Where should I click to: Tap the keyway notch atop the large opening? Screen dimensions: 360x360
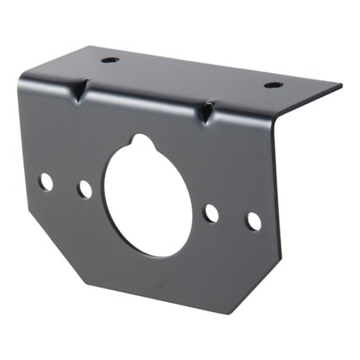coord(143,142)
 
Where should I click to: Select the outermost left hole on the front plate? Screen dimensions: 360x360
coord(46,181)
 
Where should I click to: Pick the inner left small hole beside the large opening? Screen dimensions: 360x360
coord(84,190)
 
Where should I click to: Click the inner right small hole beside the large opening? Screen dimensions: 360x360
coord(212,213)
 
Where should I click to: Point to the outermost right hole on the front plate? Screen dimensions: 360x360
coord(254,221)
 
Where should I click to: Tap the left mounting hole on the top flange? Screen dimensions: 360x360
coord(110,60)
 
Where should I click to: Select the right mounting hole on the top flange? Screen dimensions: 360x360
coord(273,84)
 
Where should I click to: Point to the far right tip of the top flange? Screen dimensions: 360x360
coord(341,84)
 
